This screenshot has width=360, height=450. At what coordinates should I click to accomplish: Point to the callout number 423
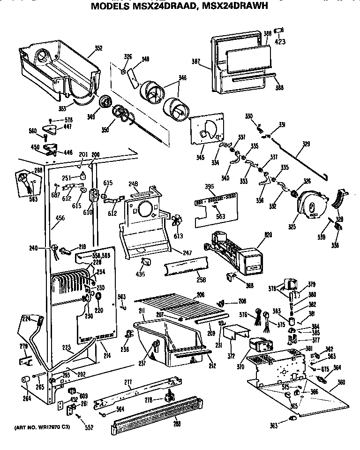(x=280, y=41)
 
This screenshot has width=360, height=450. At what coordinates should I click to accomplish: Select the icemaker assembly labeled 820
(x=234, y=253)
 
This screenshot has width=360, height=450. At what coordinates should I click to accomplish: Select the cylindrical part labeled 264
(x=26, y=380)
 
